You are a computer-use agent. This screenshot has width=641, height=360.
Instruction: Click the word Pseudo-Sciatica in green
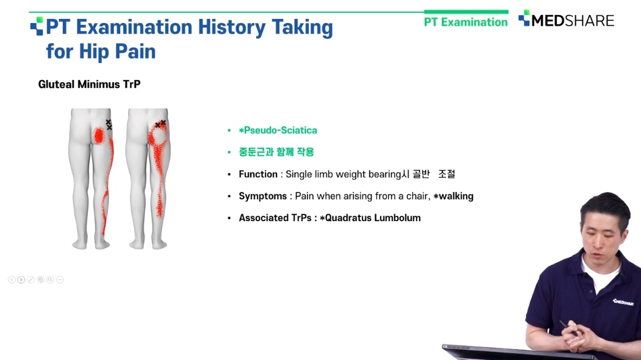(281, 130)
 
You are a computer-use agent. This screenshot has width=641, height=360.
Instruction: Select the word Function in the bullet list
(258, 174)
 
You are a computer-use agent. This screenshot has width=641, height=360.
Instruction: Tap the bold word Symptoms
(262, 196)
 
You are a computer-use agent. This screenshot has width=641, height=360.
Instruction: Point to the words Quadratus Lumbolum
(373, 218)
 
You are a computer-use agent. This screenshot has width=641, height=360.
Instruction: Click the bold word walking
(456, 196)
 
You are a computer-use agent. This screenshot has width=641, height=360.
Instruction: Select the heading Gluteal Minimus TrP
(89, 84)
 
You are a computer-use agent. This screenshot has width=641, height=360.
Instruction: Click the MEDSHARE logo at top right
(566, 20)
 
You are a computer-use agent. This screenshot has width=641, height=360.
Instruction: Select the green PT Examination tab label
(466, 22)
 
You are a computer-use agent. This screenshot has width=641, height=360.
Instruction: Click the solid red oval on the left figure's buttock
(99, 136)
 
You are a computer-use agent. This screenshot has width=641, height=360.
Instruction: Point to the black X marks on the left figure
(108, 125)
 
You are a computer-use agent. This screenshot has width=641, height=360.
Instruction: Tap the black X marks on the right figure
(160, 123)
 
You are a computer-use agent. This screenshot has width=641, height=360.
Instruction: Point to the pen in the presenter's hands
(568, 328)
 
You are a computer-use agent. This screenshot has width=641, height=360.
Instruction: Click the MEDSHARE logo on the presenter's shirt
(623, 302)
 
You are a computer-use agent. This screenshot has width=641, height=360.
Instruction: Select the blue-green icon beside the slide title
(37, 26)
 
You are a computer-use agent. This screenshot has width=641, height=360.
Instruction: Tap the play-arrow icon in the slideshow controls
(21, 279)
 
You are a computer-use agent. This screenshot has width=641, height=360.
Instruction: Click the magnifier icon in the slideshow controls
(50, 279)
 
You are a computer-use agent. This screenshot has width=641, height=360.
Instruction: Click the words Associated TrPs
(275, 218)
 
